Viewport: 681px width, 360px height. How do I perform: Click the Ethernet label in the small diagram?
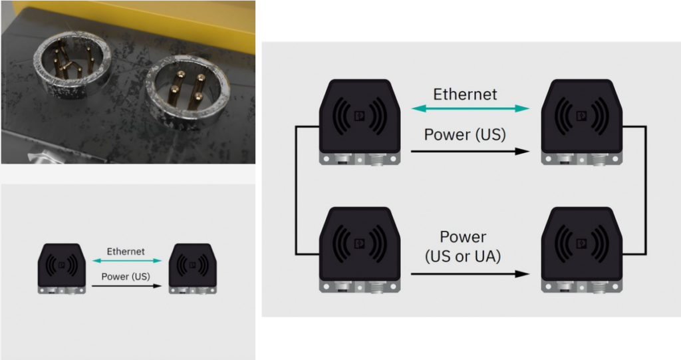125,252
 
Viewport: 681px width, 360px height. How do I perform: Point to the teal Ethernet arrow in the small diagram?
125,261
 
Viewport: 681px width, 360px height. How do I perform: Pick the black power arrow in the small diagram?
126,286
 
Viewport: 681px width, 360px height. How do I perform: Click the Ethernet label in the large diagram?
465,94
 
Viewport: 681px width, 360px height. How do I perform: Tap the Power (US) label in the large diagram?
465,134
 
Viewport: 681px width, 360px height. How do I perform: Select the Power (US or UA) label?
464,246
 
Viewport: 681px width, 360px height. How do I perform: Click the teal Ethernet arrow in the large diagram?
470,108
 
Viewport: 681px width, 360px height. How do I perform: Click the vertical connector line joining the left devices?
296,190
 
